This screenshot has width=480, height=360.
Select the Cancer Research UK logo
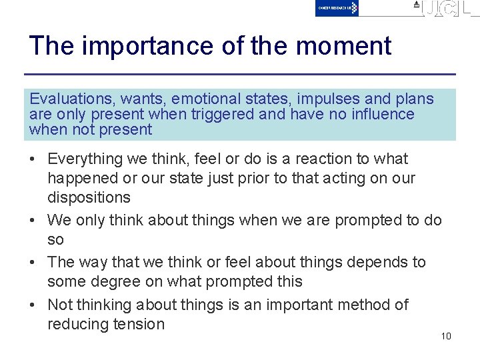tap(337, 8)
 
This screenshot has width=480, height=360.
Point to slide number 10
tap(446, 335)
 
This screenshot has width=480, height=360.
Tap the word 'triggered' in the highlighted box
tap(223, 114)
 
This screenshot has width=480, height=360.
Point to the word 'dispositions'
tap(89, 198)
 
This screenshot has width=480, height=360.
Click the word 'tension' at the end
tap(140, 325)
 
